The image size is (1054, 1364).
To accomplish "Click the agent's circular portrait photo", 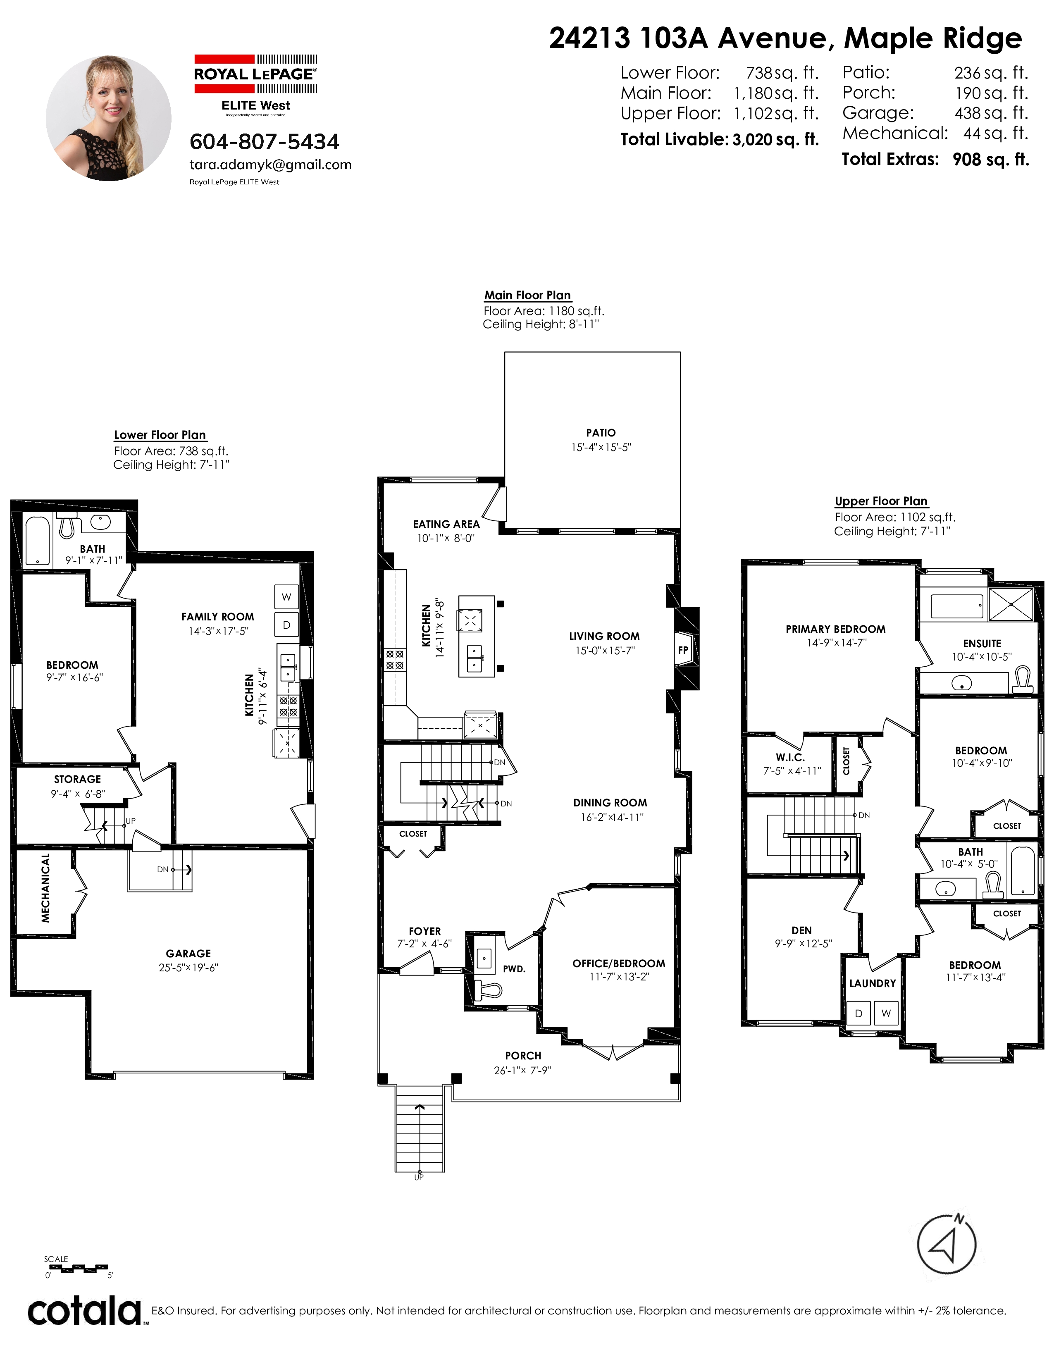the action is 109,118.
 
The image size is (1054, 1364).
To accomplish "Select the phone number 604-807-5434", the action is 264,142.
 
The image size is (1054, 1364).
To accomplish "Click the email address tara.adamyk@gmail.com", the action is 270,165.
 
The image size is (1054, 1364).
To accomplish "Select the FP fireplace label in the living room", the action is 683,650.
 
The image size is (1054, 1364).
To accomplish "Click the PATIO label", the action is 601,433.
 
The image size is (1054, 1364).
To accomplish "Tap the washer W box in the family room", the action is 286,597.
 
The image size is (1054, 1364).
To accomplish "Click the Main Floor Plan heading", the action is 528,296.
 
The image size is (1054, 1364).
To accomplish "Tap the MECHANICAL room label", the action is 45,888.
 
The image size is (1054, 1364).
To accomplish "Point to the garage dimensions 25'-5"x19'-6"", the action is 188,968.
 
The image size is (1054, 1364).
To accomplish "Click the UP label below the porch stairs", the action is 419,1177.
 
